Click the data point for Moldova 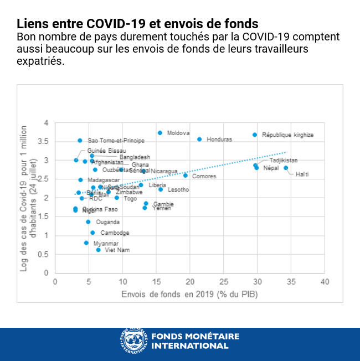click(160, 133)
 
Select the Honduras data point click(199, 139)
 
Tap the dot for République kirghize click(255, 135)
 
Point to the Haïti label click(302, 174)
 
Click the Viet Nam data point click(99, 250)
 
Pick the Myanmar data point click(86, 243)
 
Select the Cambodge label click(115, 233)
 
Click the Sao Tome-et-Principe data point click(80, 141)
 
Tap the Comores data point click(186, 176)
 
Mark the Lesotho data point click(161, 189)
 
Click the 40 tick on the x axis click(325, 282)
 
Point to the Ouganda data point click(88, 221)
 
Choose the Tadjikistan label click(283, 161)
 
